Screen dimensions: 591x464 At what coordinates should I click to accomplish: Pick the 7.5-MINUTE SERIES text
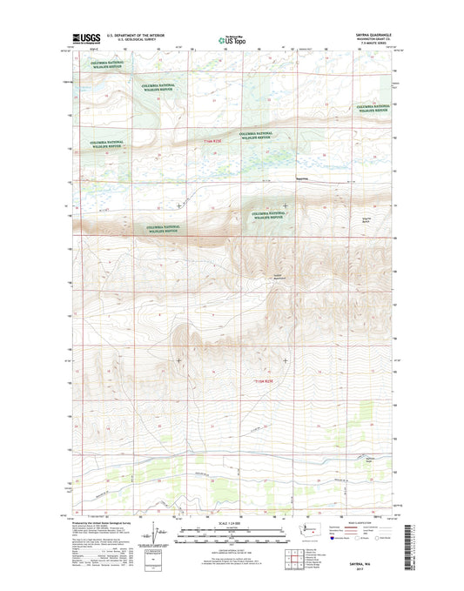[x=380, y=44]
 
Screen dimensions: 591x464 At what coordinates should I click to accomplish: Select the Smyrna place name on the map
[x=302, y=179]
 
